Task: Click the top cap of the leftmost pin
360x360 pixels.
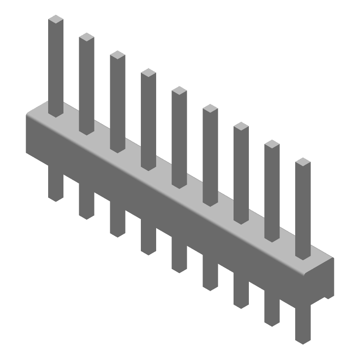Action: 56,19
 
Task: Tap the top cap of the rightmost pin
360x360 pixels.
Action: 303,162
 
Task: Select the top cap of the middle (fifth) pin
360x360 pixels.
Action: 179,90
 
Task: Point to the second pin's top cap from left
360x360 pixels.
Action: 86,37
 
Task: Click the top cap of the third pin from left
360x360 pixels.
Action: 117,55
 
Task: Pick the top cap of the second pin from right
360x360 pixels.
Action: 272,144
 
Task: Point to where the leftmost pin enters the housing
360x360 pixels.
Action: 56,112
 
